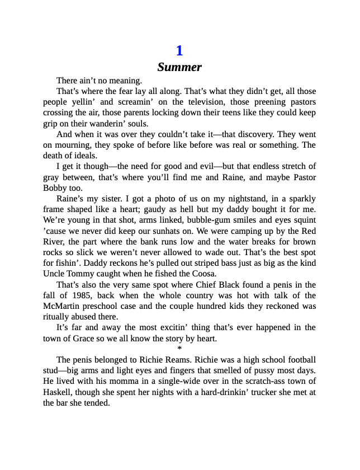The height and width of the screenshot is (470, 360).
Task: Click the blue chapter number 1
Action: pyautogui.click(x=179, y=51)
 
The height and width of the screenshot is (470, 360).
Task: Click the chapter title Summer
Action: pyautogui.click(x=179, y=68)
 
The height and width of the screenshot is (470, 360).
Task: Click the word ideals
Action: pyautogui.click(x=85, y=156)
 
